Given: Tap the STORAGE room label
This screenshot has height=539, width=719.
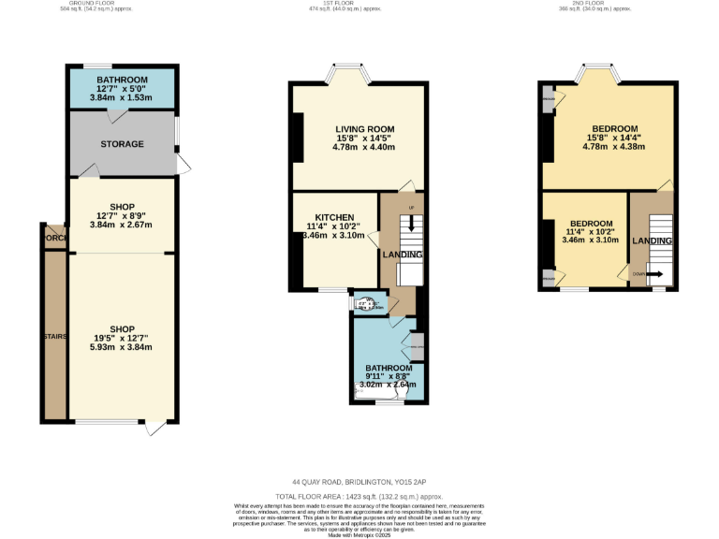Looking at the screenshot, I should click(123, 144).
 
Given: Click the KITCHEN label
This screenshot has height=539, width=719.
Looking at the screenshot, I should click(334, 216).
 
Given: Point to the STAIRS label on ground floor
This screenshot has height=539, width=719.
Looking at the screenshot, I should click(54, 335).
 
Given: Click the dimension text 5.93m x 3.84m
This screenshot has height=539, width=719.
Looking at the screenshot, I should click(120, 347).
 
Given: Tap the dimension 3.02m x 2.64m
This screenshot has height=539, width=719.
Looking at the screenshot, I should click(389, 384).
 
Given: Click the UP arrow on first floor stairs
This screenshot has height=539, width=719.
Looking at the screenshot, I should click(410, 222).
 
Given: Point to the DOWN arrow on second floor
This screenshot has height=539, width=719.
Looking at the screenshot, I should click(652, 274).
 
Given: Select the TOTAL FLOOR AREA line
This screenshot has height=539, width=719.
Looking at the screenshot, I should click(359, 496).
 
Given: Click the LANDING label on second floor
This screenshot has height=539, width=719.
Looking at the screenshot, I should click(652, 240).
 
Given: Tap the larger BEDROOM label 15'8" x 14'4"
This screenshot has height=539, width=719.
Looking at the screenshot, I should click(614, 128).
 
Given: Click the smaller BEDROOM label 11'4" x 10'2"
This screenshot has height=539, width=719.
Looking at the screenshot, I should click(592, 223).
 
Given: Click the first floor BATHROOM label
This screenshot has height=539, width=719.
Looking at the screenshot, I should click(389, 368).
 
